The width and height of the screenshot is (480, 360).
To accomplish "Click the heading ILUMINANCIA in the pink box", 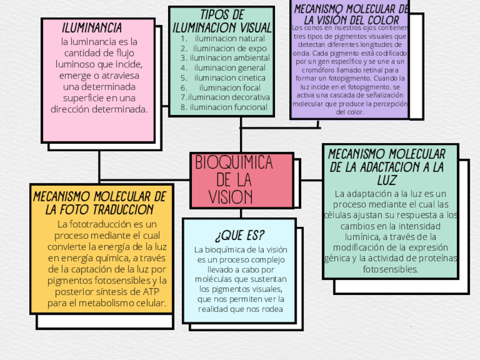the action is point(92,28).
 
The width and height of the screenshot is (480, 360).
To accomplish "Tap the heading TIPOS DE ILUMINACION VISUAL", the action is point(222,21).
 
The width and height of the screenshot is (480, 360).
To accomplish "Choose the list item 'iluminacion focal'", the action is point(229,88).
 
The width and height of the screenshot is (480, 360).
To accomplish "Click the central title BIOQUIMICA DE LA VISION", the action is point(233,179).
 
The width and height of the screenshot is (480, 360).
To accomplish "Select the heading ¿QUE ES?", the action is point(239,235).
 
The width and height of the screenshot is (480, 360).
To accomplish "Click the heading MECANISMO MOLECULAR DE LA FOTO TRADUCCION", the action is point(100,203).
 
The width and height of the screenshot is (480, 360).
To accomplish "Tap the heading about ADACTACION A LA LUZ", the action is point(387,166).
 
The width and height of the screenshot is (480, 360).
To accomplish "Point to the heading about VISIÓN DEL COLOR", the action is point(351,15).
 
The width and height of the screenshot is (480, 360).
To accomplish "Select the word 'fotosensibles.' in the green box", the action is point(391,269).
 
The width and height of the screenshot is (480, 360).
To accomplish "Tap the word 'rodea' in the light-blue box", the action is point(271,309).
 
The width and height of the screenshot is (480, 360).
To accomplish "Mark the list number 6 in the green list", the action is point(184,88).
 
